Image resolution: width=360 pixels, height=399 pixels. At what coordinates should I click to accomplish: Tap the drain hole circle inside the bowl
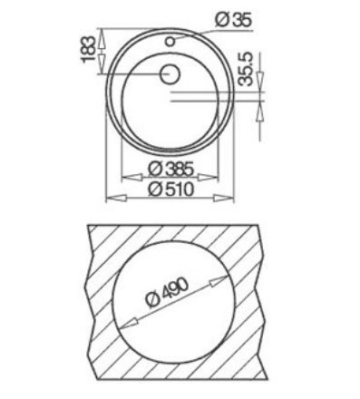pos(170,75)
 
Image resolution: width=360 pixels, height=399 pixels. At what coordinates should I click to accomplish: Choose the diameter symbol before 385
pos(155,169)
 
